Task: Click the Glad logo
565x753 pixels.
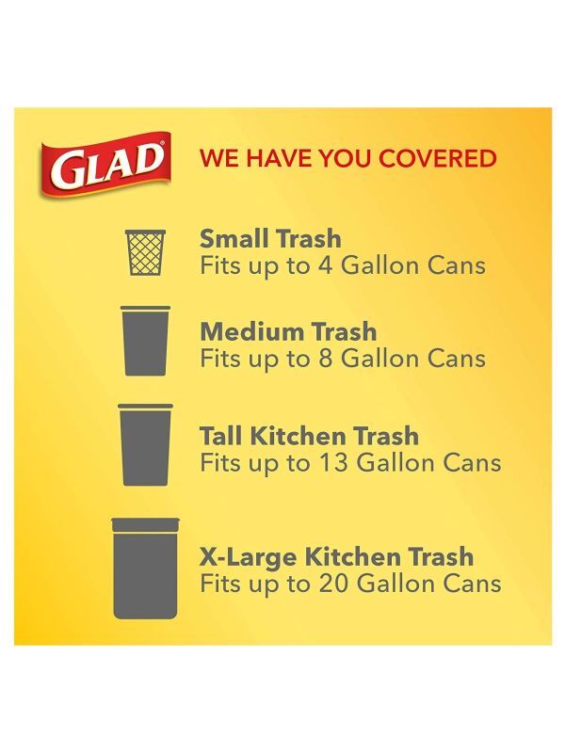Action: point(105,164)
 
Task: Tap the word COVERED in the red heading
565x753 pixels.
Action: point(437,158)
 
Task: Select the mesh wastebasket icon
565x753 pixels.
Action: point(145,252)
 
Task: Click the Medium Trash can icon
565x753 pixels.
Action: point(145,341)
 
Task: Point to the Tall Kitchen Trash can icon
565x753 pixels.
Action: point(145,444)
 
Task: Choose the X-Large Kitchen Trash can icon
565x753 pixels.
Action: point(145,569)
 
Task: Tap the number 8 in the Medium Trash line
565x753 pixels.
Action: point(325,359)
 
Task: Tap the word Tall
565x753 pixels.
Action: point(222,436)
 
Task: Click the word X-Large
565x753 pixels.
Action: point(249,556)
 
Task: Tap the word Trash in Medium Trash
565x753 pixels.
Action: point(344,331)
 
